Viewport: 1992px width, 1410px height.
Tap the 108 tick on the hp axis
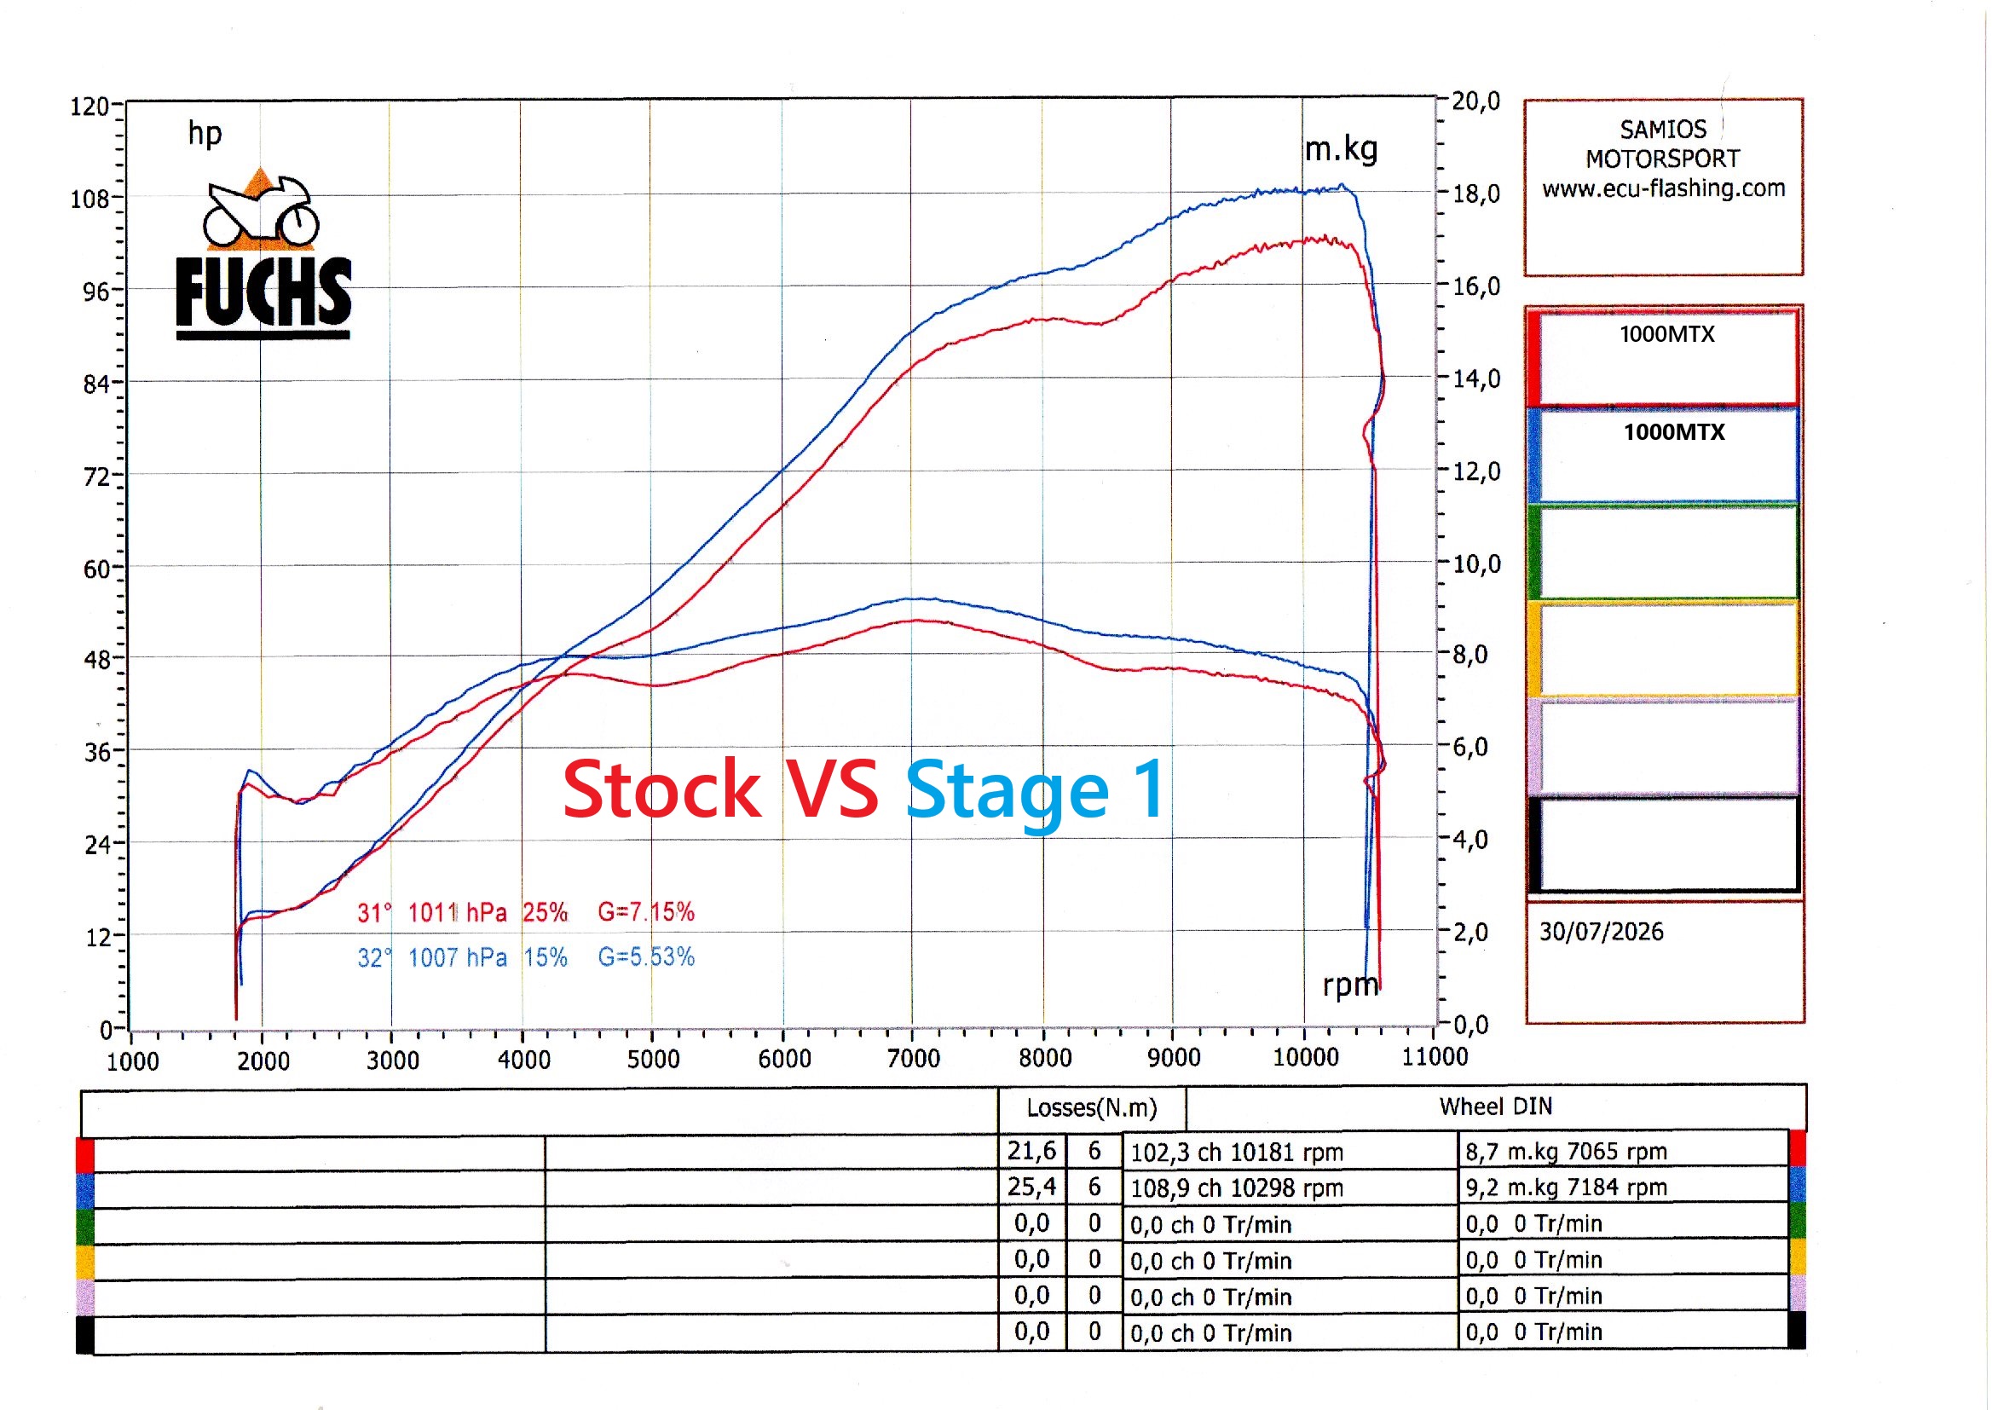coord(89,199)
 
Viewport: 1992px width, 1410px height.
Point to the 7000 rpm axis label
coord(913,1059)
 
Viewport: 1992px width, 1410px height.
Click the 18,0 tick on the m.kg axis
coord(1475,194)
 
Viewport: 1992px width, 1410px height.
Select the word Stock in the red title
coord(662,789)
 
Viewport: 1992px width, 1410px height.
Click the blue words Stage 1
coord(1035,791)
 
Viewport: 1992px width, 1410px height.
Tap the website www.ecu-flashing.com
coord(1663,188)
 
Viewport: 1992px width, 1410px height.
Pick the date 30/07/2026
coord(1602,932)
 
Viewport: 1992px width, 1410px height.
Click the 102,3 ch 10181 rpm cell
coord(1236,1153)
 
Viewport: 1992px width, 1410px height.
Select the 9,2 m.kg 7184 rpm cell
coord(1566,1187)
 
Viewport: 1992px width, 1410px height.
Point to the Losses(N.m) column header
coord(1091,1108)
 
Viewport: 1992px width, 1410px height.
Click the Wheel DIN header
coord(1496,1107)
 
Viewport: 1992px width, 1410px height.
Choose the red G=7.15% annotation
coord(646,911)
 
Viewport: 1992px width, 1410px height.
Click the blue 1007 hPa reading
coord(458,957)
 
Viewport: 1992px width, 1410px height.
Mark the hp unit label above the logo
coord(205,134)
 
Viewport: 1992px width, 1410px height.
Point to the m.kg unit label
coord(1341,149)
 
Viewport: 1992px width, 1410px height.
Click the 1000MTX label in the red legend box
coord(1666,334)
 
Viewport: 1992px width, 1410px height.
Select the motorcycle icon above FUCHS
coord(260,208)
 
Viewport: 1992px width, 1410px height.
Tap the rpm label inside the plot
coord(1350,985)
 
